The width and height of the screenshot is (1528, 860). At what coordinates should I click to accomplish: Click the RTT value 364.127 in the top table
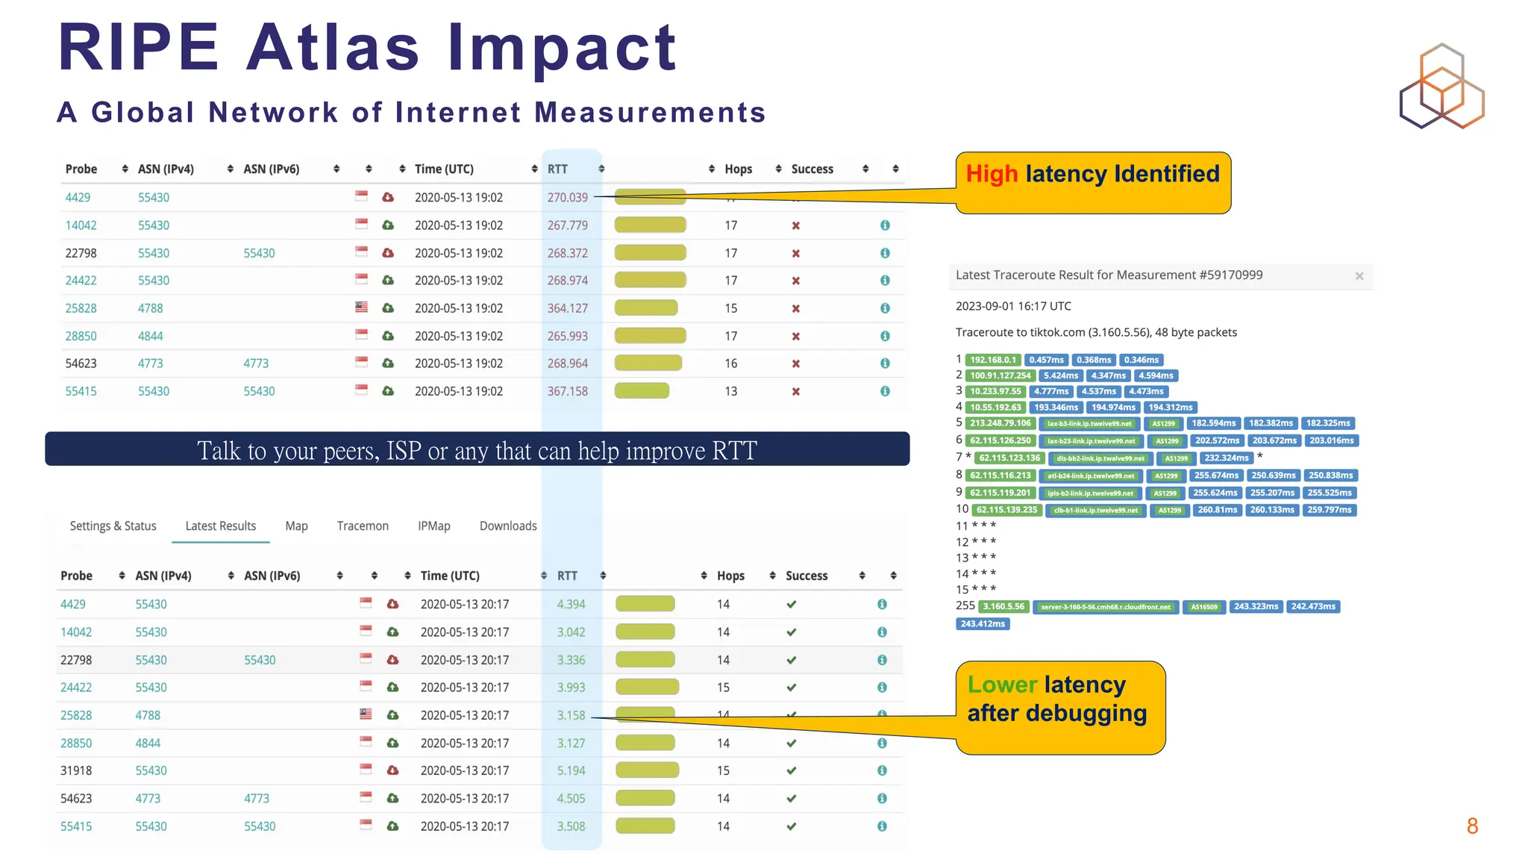[x=567, y=308]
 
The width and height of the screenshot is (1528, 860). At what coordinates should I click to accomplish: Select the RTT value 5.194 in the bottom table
[x=571, y=770]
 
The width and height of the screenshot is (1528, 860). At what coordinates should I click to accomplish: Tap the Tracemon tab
[x=363, y=526]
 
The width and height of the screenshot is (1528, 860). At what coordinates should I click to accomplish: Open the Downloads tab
[x=508, y=526]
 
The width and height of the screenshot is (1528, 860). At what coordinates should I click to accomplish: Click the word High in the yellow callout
[x=992, y=174]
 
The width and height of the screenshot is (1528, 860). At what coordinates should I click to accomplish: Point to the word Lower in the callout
[x=1002, y=685]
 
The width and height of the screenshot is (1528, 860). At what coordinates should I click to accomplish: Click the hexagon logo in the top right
[x=1441, y=86]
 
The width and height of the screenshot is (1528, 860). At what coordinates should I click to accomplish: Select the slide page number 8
[x=1472, y=826]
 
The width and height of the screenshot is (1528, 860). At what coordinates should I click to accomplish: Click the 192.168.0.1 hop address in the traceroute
[x=992, y=360]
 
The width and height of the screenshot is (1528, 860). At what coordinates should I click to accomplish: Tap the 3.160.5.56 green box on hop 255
[x=1003, y=606]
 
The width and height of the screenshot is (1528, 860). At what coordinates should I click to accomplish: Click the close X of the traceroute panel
[x=1359, y=276]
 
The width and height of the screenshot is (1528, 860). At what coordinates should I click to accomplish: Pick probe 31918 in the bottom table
[x=76, y=770]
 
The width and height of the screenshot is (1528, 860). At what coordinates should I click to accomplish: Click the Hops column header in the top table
[x=738, y=169]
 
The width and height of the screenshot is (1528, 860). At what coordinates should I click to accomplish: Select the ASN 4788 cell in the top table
[x=150, y=308]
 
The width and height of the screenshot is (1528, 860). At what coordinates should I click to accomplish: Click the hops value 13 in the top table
[x=730, y=391]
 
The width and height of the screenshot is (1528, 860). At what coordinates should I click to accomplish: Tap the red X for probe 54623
[x=795, y=364]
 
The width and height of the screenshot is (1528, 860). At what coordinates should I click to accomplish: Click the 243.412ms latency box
[x=983, y=623]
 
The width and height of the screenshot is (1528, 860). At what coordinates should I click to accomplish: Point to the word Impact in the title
[x=562, y=48]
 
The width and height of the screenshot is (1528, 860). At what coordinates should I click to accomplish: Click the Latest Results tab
[x=220, y=526]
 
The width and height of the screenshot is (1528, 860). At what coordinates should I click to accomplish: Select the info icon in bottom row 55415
[x=882, y=826]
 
